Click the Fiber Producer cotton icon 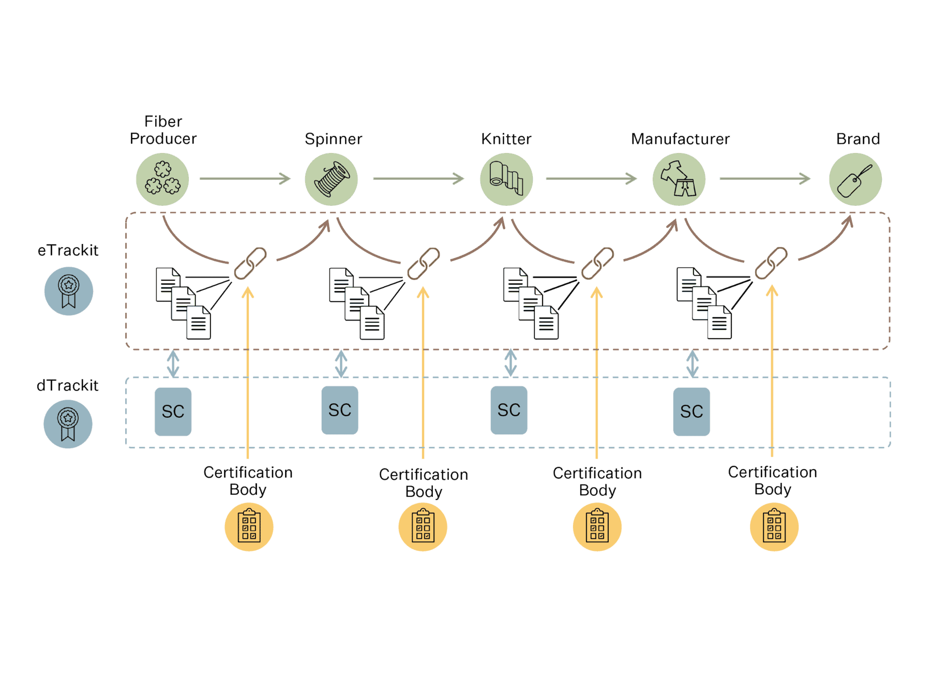coord(162,179)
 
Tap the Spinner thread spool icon coord(332,179)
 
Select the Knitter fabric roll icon coord(506,179)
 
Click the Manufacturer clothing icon coord(679,179)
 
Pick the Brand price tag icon coord(855,179)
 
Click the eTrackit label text coord(68,250)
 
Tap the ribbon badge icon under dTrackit coord(68,424)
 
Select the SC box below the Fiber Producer coord(173,412)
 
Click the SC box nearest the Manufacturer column coord(692,412)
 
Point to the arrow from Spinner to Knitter coord(419,179)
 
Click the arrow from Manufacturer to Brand coord(765,179)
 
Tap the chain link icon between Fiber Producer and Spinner coord(250,263)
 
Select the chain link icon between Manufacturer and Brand coord(771,263)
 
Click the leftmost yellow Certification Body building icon coord(249,527)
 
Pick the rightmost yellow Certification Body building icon coord(774,527)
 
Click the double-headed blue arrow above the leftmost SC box coord(173,363)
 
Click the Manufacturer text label coord(680,139)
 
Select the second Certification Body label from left coord(424,482)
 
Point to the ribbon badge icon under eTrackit coord(69,291)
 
